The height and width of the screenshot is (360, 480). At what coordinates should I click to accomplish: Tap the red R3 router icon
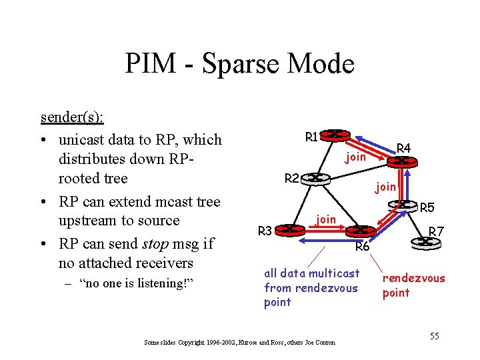coord(289,229)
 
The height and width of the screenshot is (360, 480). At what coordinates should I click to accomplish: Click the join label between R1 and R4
coord(355,157)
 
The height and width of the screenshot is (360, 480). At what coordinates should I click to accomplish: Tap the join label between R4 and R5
coord(385,187)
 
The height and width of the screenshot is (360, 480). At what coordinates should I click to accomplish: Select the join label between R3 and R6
coord(325,219)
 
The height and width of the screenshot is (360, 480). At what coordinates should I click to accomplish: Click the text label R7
coord(436,231)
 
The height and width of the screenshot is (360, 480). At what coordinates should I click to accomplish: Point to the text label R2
coord(291,178)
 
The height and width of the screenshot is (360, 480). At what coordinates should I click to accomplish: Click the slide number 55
coord(434,335)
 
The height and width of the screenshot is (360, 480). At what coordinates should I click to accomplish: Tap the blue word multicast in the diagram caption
coord(334,273)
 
